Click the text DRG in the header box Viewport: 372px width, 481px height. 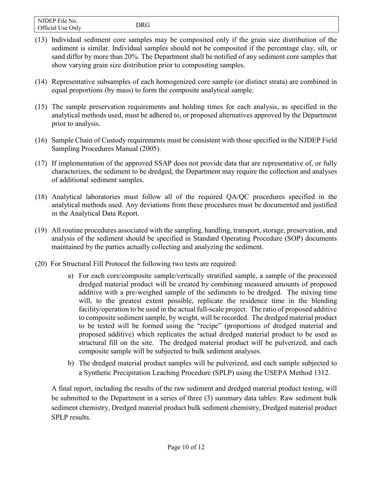tap(143, 25)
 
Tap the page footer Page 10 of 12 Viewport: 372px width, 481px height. tap(186, 447)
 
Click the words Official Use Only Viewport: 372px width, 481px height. tap(60, 28)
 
